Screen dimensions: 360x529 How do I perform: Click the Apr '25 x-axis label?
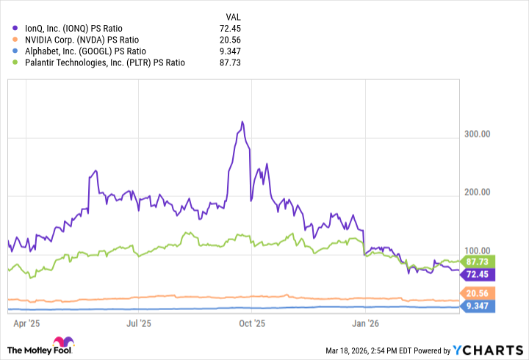(x=26, y=322)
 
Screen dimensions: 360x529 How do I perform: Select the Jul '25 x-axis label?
(x=140, y=322)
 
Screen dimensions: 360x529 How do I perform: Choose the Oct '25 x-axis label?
(x=252, y=322)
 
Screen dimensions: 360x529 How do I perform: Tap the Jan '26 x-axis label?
(x=366, y=322)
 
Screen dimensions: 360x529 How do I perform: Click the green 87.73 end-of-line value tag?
(x=478, y=261)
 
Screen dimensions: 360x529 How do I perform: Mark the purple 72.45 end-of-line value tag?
(x=478, y=274)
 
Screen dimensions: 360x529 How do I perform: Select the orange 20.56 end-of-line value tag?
(x=478, y=293)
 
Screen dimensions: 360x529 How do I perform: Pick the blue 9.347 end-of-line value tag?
(x=478, y=306)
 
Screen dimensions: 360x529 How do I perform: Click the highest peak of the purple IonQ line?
(x=242, y=122)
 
